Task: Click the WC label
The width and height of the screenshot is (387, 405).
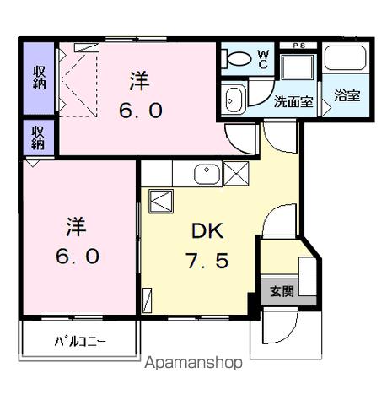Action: pyautogui.click(x=261, y=58)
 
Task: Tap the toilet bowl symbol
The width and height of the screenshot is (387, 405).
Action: pyautogui.click(x=237, y=59)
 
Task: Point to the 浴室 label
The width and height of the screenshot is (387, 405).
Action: pyautogui.click(x=346, y=94)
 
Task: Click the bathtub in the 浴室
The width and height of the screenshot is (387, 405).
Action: pyautogui.click(x=346, y=60)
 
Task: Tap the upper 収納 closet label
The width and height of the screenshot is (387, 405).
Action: pyautogui.click(x=39, y=77)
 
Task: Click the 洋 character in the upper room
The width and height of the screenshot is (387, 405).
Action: pyautogui.click(x=139, y=81)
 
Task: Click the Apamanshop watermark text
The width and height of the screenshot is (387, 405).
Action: pyautogui.click(x=194, y=364)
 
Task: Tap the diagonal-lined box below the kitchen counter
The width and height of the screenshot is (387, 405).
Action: pyautogui.click(x=159, y=202)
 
